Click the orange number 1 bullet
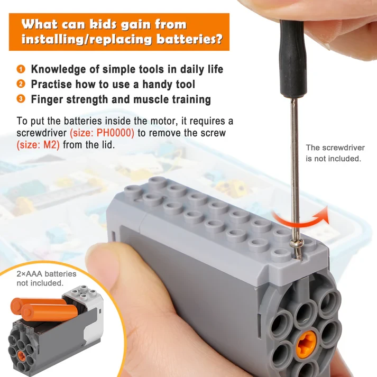coord(21,69)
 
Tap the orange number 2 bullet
coord(21,84)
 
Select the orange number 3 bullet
coord(21,99)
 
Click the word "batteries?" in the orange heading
coord(189,40)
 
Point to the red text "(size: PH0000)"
coord(102,133)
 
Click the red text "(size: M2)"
coord(38,145)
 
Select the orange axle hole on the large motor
coord(306,345)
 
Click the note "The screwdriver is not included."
coord(335,153)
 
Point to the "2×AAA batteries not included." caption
coord(47,279)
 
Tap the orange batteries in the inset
coord(45,309)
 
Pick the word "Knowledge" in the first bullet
coord(58,69)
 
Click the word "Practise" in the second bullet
coord(51,85)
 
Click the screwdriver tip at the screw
coord(298,258)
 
